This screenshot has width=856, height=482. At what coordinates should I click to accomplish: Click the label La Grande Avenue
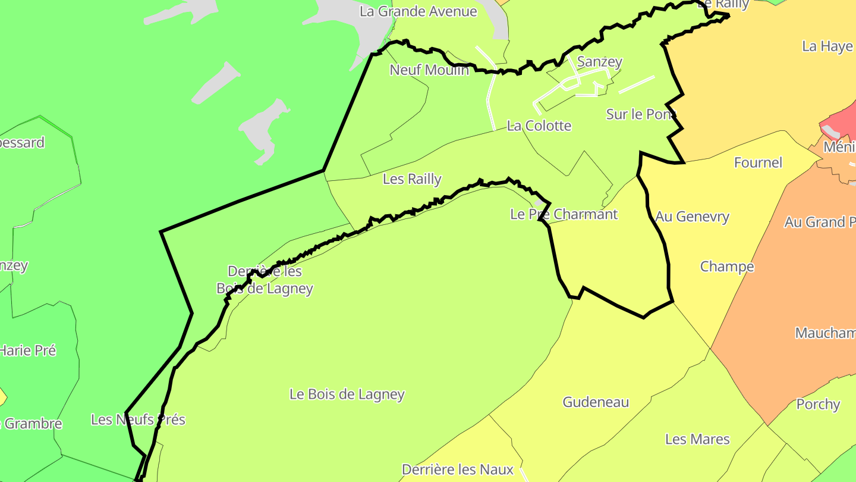pos(418,11)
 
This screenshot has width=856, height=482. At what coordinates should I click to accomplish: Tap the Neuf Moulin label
pos(429,70)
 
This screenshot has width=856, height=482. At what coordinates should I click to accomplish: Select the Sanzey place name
pos(600,61)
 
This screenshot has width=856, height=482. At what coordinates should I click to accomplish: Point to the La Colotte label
pos(539,126)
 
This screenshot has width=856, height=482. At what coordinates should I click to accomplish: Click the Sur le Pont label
pos(641,114)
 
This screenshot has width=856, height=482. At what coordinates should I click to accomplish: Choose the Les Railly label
pos(412,179)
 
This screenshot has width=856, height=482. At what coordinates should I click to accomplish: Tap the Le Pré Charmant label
pos(564,214)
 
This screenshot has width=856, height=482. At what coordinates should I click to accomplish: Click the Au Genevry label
pos(693,217)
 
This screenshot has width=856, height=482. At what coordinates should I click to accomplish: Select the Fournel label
pos(758,162)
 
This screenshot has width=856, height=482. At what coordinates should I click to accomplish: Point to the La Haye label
pos(827,46)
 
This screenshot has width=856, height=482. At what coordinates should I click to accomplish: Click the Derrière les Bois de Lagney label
pos(265,280)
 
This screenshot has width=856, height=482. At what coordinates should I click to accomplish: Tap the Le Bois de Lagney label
pos(347,394)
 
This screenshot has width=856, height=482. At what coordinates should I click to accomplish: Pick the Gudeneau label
pos(596,402)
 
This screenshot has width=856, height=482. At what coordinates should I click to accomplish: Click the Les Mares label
pos(697,439)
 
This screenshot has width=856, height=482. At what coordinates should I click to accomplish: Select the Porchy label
pos(818,404)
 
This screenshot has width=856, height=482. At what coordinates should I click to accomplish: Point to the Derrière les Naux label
pos(458,470)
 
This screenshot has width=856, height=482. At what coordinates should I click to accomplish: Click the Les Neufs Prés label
pos(138,420)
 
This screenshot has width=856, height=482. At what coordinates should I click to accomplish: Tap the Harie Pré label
pos(28,350)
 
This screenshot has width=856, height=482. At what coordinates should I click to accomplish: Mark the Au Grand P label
pos(820,222)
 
